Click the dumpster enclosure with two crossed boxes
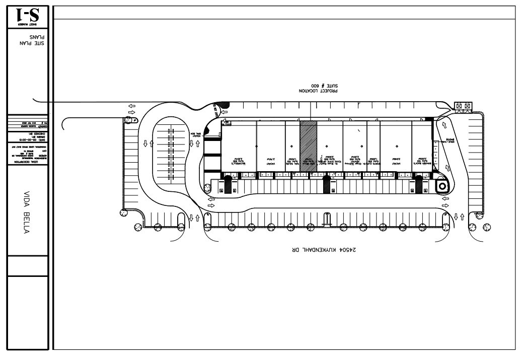coord(463,106)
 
